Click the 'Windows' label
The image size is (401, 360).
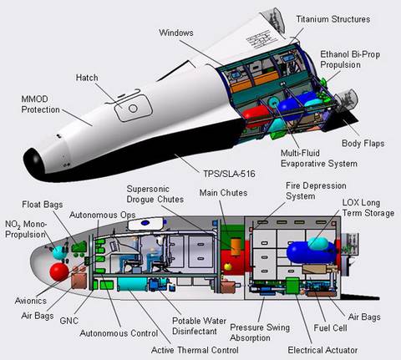[176, 33]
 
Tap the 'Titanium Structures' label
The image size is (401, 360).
[333, 19]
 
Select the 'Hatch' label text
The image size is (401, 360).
[87, 78]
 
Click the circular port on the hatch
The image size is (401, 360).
[133, 108]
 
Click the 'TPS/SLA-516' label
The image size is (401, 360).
[229, 174]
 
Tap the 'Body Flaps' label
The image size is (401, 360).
[363, 144]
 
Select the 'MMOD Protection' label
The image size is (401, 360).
[40, 104]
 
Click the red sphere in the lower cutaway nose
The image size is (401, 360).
[58, 271]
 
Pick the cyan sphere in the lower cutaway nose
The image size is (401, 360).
[58, 252]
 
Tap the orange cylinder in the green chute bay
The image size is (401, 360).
[236, 246]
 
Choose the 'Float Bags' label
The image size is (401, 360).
[43, 205]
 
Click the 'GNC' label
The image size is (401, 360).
[69, 321]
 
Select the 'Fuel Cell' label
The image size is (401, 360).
[330, 328]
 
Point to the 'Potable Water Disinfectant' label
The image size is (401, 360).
[199, 326]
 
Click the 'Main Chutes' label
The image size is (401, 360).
[223, 193]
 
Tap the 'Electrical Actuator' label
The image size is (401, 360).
[322, 350]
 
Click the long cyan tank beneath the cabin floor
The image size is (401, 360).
[132, 284]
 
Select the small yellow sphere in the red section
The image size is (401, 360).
[228, 266]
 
